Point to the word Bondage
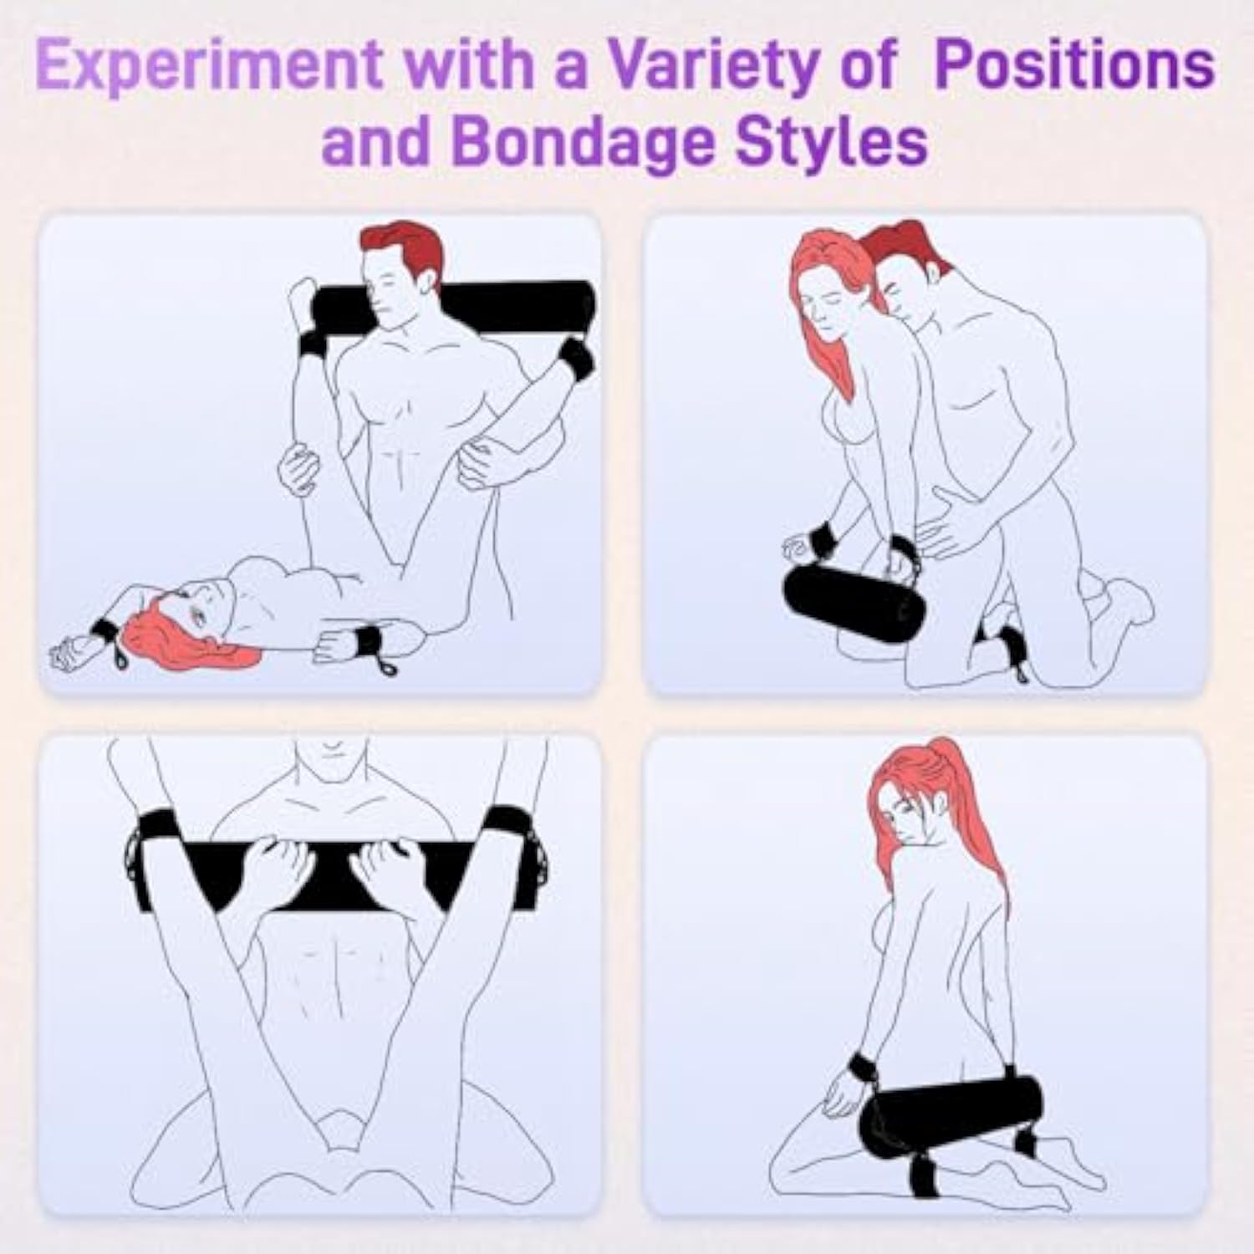tap(585, 142)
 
